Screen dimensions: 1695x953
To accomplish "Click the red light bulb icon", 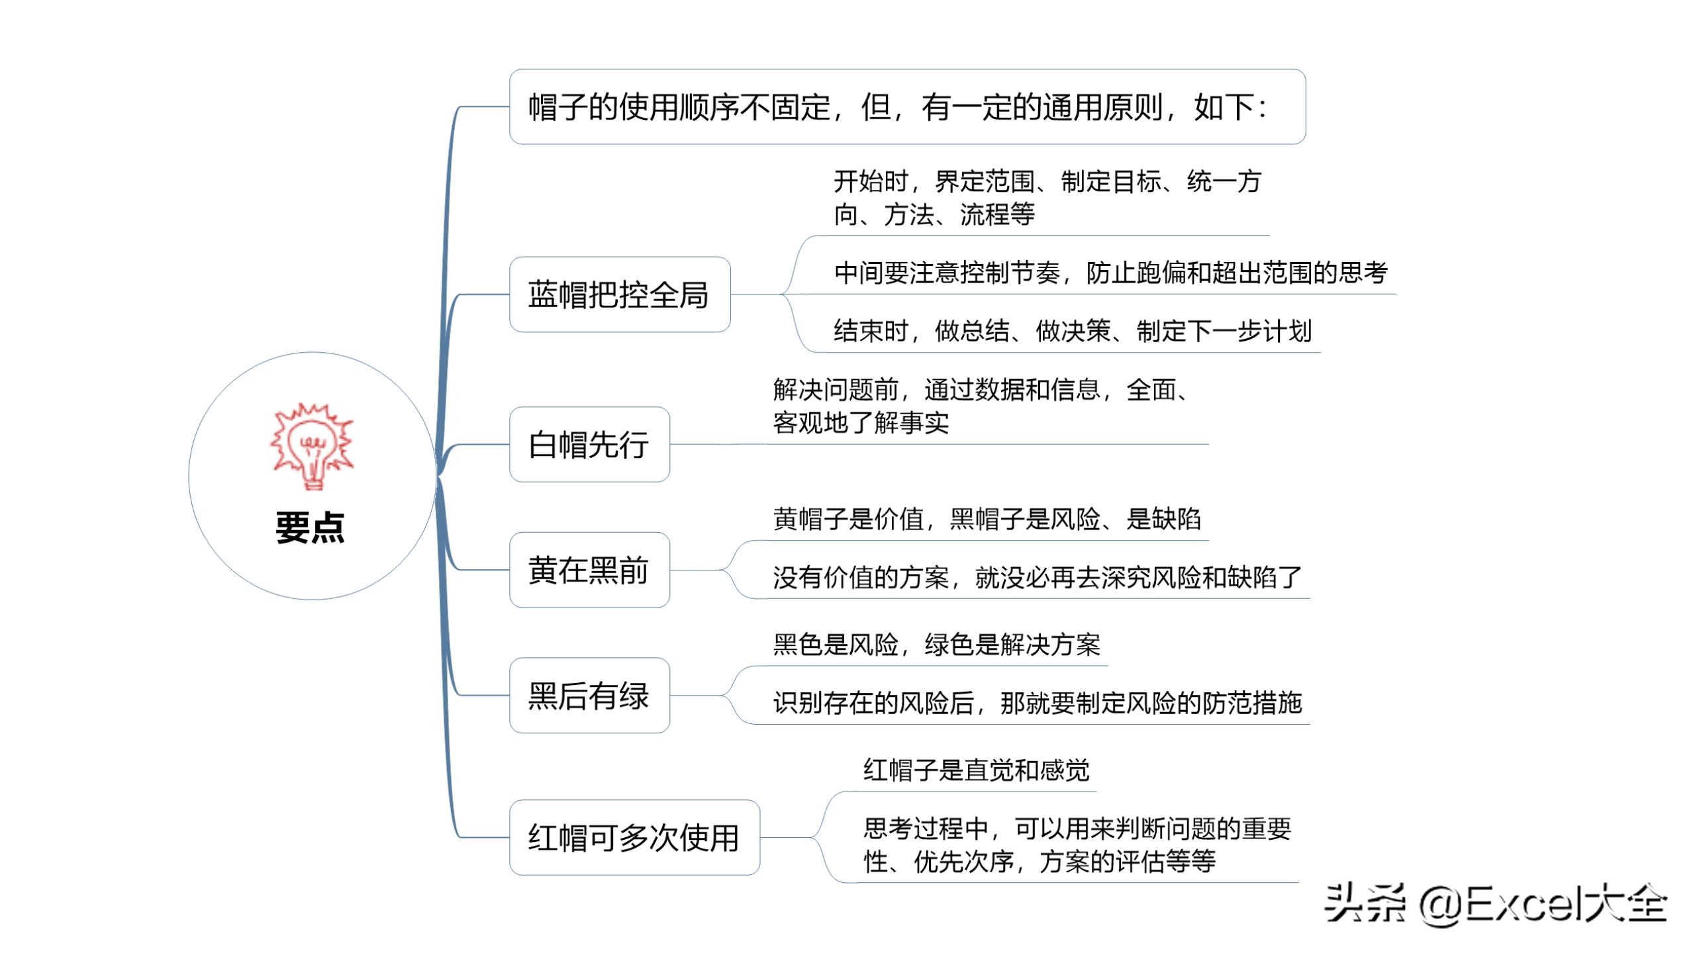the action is pyautogui.click(x=312, y=446).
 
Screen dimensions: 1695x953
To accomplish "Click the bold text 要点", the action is pyautogui.click(x=311, y=527).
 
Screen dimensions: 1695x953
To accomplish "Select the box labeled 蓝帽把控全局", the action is pyautogui.click(x=620, y=295).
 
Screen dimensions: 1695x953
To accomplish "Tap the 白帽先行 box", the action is pyautogui.click(x=589, y=444).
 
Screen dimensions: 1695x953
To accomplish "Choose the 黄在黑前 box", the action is pyautogui.click(x=589, y=570).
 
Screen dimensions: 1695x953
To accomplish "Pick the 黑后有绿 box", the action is pyautogui.click(x=589, y=696).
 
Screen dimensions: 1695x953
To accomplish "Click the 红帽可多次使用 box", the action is pyautogui.click(x=634, y=838).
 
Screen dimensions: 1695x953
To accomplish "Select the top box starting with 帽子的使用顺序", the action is pyautogui.click(x=907, y=107).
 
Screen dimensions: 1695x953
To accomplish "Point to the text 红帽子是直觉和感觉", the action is pyautogui.click(x=976, y=770).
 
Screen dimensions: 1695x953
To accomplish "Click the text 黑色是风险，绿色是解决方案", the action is pyautogui.click(x=936, y=645).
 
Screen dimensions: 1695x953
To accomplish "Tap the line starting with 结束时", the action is pyautogui.click(x=1072, y=331).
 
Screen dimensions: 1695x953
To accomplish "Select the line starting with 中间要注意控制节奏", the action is pyautogui.click(x=1110, y=273).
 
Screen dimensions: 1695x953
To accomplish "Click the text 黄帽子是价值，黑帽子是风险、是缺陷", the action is pyautogui.click(x=987, y=519).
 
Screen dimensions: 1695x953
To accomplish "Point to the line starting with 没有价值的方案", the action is pyautogui.click(x=1037, y=577).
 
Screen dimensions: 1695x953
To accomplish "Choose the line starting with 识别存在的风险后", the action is pyautogui.click(x=1037, y=703).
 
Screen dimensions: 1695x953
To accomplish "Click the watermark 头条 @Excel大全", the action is pyautogui.click(x=1495, y=903).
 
